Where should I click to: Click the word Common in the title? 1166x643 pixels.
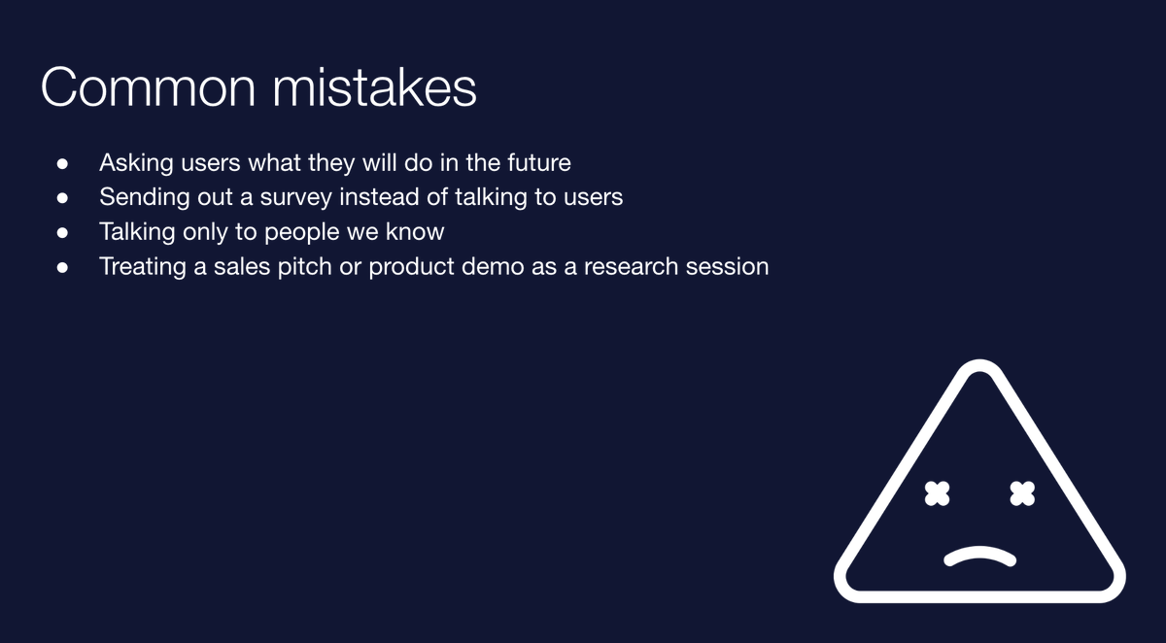[x=149, y=87]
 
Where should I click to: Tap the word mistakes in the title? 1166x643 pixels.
[x=375, y=86]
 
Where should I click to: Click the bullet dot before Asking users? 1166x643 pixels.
[x=62, y=164]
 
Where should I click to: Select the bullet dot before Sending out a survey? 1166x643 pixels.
[x=62, y=198]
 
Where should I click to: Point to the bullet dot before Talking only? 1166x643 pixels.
[x=62, y=232]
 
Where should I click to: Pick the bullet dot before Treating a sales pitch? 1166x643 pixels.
[x=62, y=267]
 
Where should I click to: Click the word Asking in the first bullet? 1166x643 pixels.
[x=136, y=163]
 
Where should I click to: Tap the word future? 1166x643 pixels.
[x=539, y=162]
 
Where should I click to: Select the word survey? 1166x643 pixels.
[x=295, y=198]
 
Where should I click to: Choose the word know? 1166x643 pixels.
[x=415, y=231]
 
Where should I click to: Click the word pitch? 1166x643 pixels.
[x=304, y=267]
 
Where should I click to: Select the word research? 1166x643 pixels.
[x=631, y=266]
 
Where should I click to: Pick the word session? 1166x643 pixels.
[x=727, y=266]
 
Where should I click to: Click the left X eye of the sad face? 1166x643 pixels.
[x=937, y=493]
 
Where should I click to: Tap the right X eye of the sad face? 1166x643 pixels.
[x=1022, y=493]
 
